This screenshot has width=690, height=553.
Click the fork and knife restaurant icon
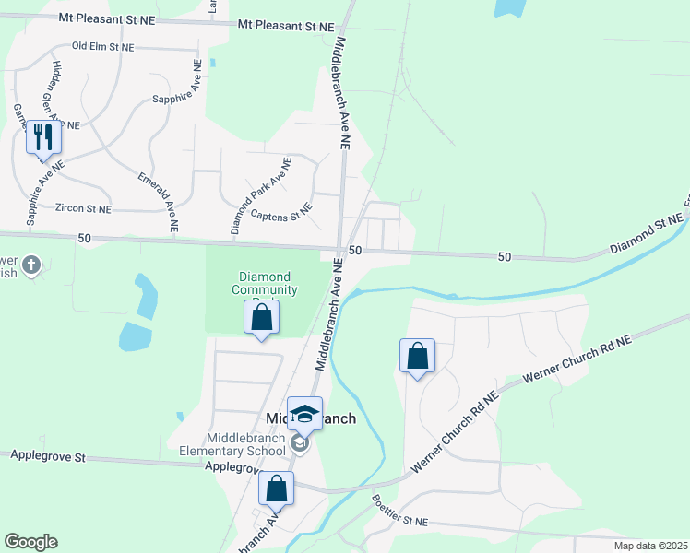pos(43,137)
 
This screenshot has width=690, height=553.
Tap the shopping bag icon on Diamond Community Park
pos(262,318)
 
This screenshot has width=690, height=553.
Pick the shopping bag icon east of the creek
pos(417,355)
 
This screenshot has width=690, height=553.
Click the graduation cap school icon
pos(304,413)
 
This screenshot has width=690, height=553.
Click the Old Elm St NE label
pos(102,46)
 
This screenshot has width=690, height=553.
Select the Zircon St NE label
pos(83,209)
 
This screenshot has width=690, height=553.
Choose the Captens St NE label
pos(282,216)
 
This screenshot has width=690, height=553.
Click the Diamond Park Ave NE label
pos(261,194)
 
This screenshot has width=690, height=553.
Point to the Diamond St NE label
pos(646,235)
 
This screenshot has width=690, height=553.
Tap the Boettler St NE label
pos(400,511)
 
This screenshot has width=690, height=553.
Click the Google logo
pos(30,542)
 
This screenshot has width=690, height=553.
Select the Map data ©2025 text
pos(649,546)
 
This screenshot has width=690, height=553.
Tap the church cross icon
pos(31,266)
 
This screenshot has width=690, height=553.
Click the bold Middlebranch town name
pos(311,418)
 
